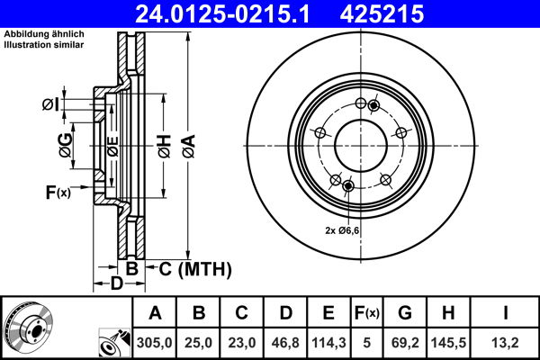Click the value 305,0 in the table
(155, 341)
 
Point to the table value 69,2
(404, 341)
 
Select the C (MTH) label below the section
(195, 268)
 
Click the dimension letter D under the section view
(116, 285)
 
